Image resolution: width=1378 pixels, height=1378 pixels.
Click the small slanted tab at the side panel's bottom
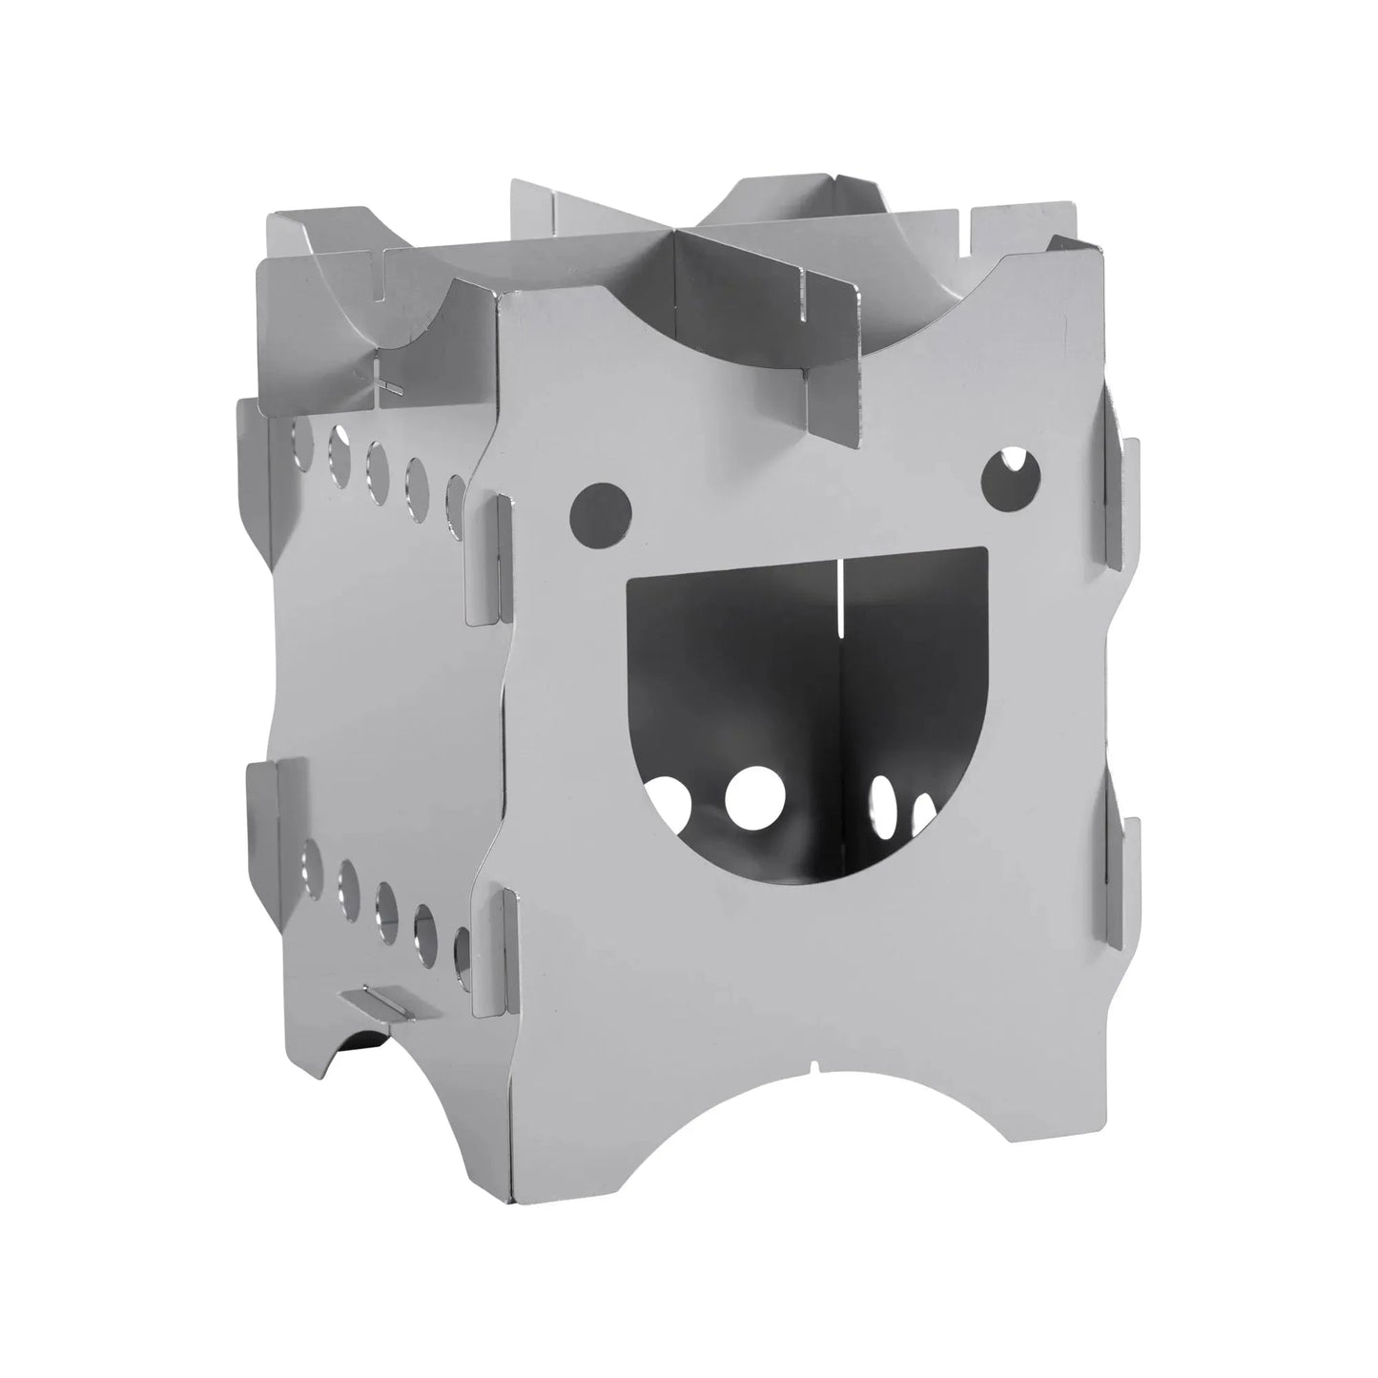tap(374, 1001)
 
